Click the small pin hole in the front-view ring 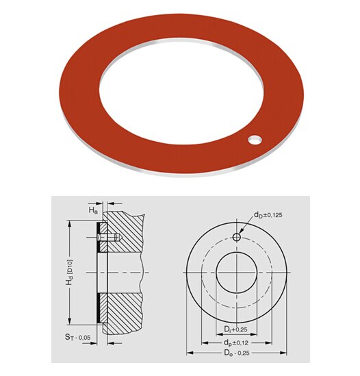tap(236, 237)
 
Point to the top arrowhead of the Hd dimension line tap(71, 223)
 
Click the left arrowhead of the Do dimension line tap(188, 353)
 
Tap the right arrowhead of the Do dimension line tap(285, 353)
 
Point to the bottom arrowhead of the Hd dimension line tap(71, 322)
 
